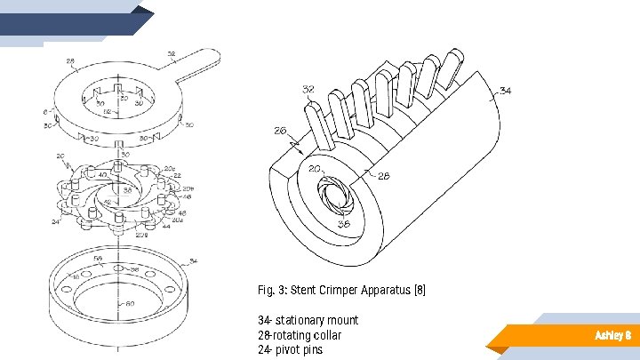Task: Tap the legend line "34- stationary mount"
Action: (308, 320)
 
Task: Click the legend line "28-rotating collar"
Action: (299, 335)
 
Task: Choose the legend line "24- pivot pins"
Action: (290, 349)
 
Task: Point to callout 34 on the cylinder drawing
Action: (506, 91)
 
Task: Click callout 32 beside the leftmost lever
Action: (308, 90)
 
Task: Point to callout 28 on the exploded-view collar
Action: (70, 64)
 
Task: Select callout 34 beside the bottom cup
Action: (195, 261)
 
